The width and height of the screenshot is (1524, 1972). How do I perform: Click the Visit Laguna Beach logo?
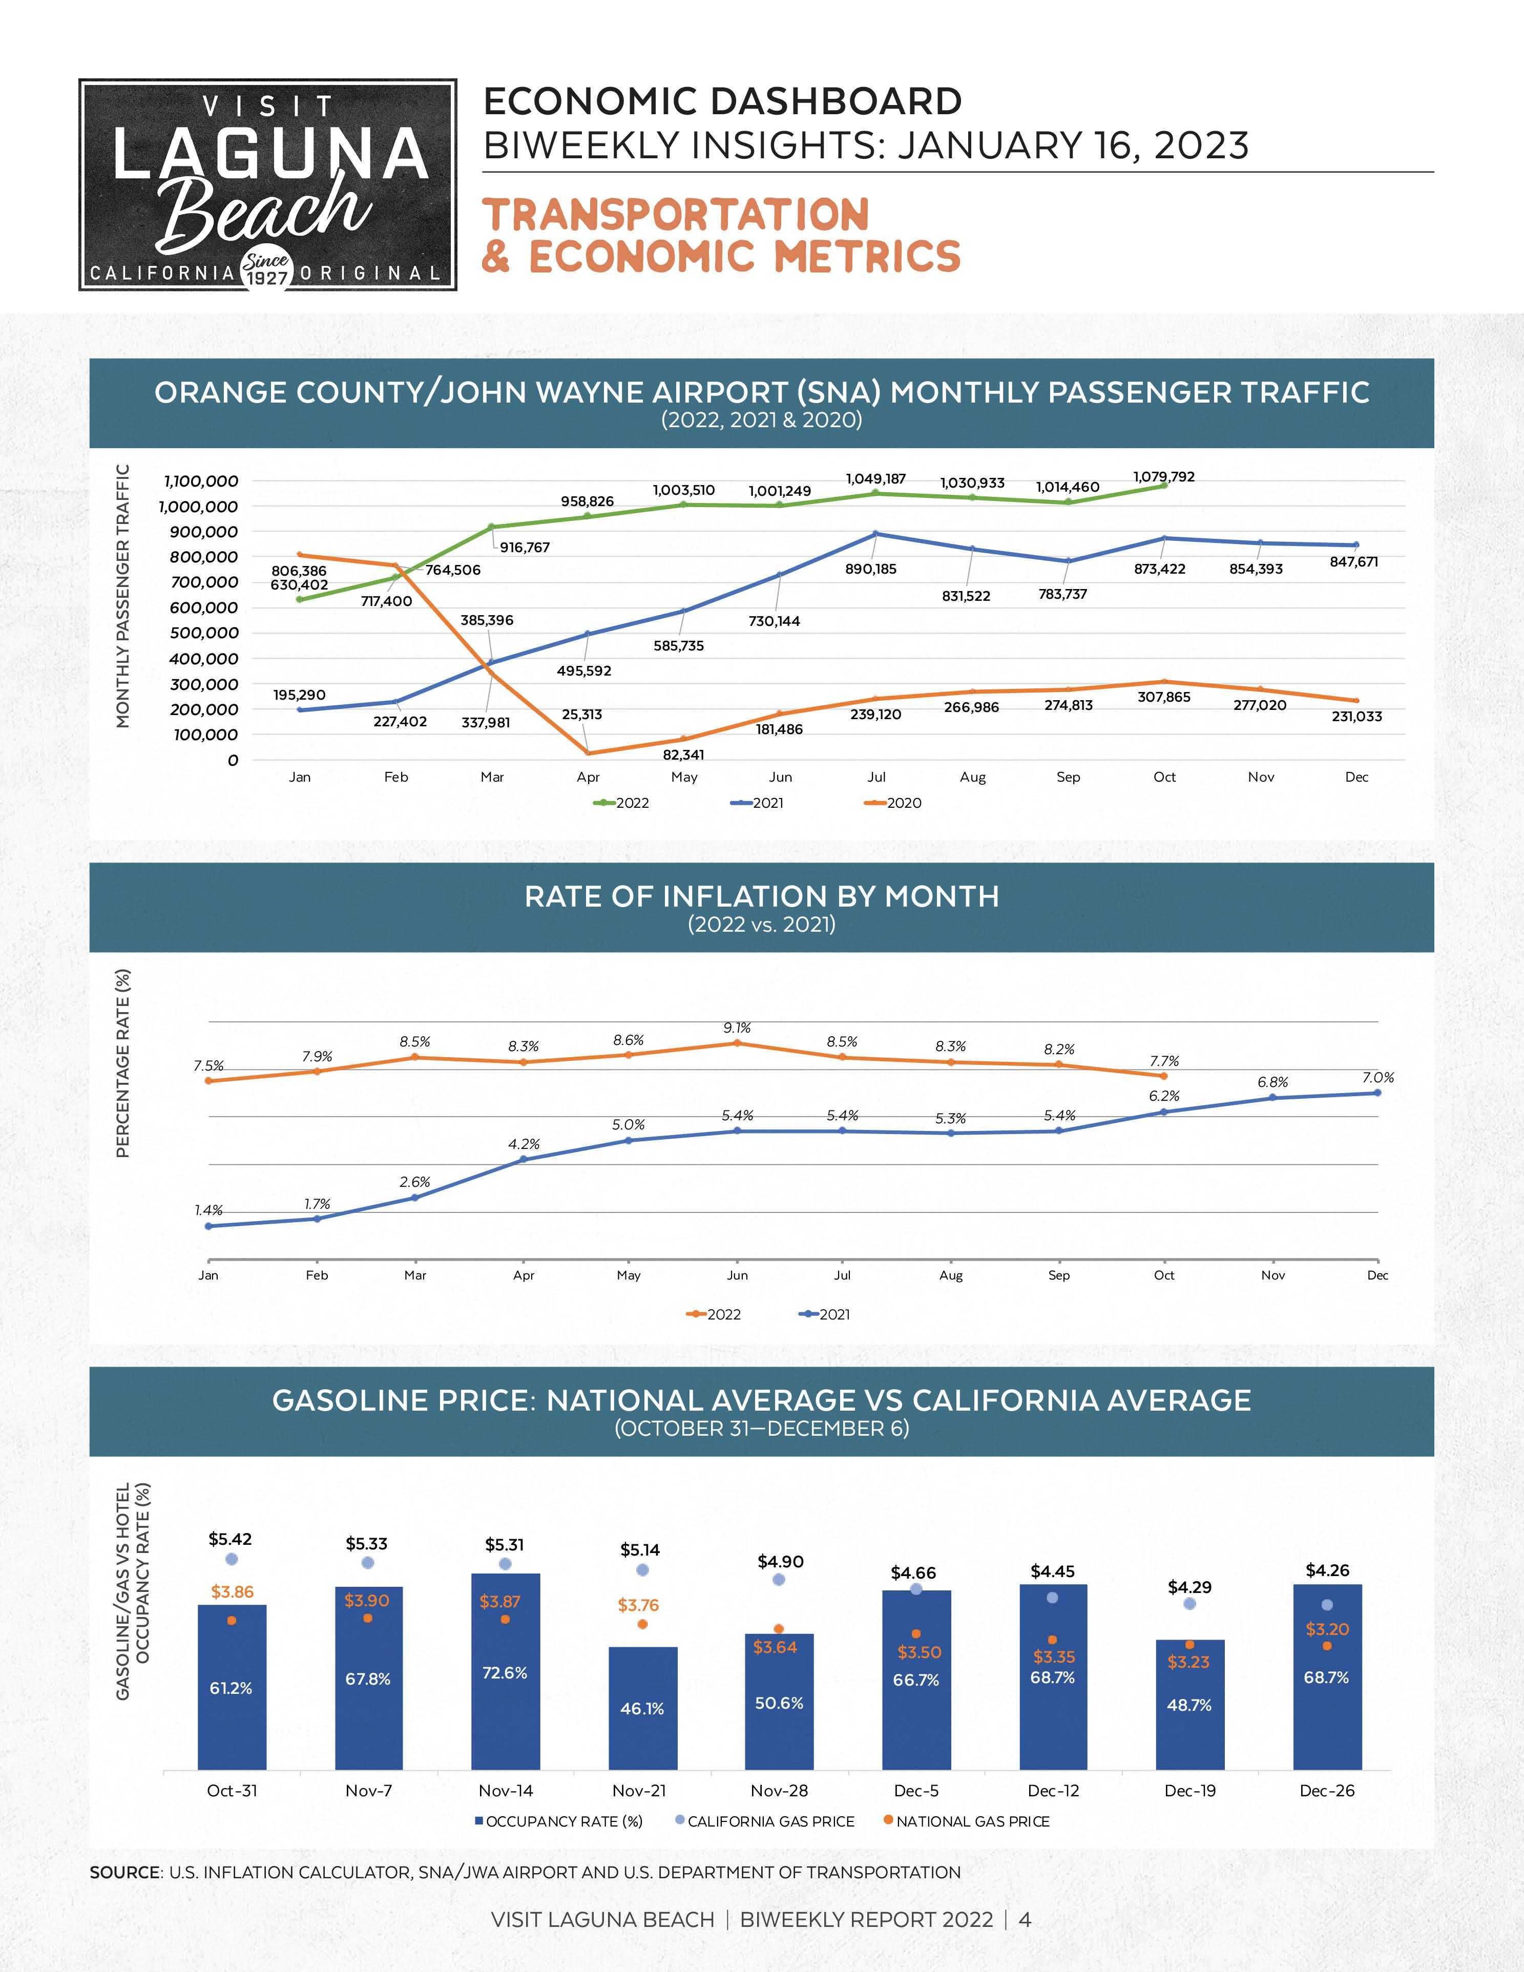[x=267, y=184]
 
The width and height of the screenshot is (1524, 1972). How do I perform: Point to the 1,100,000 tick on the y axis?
[x=200, y=481]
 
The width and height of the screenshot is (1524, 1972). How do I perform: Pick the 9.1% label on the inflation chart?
[x=737, y=1027]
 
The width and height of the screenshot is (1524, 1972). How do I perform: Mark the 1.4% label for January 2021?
[x=208, y=1210]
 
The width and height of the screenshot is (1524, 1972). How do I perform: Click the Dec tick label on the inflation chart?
[x=1377, y=1275]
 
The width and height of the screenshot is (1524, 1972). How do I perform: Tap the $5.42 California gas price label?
[x=230, y=1539]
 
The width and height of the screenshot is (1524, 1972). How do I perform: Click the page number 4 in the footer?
[x=1025, y=1920]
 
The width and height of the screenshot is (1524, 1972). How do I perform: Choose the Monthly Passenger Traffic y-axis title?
[x=123, y=596]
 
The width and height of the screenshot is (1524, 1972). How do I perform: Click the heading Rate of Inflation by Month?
[x=761, y=896]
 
